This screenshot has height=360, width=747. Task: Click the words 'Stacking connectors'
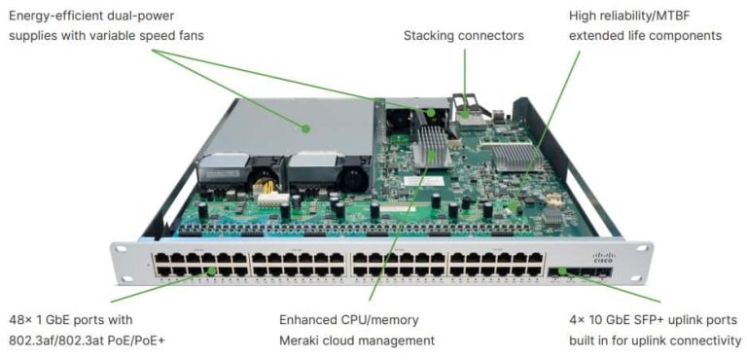click(463, 36)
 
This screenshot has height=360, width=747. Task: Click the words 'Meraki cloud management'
click(356, 341)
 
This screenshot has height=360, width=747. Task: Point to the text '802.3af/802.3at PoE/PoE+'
click(87, 341)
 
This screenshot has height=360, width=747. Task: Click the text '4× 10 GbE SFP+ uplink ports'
click(653, 320)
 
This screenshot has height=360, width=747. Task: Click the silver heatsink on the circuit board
click(431, 148)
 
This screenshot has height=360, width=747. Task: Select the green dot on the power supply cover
click(305, 127)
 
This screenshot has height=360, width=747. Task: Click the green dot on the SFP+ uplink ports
click(562, 271)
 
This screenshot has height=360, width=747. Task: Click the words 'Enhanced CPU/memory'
click(340, 320)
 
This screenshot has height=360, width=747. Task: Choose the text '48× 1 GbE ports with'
click(71, 320)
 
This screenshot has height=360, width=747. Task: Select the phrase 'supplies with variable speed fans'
click(106, 36)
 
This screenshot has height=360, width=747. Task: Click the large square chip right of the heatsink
click(516, 157)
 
